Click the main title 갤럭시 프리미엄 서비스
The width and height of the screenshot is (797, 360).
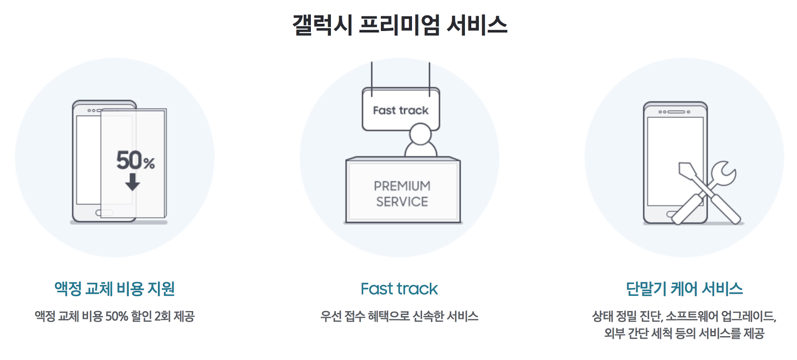[x=399, y=25]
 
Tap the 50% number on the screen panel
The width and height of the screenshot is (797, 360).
[x=135, y=160]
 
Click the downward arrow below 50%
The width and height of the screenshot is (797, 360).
[x=133, y=182]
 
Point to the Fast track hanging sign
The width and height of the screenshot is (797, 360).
[x=400, y=110]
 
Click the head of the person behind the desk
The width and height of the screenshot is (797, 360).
[x=420, y=133]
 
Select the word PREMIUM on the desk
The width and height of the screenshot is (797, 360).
[x=402, y=186]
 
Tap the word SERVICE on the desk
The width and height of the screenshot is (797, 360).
[x=402, y=202]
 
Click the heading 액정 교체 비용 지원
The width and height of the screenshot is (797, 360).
[x=115, y=289]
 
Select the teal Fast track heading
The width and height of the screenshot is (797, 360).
[x=399, y=289]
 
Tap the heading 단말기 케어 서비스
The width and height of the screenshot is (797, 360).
[x=684, y=289]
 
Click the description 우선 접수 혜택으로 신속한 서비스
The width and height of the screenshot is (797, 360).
[x=399, y=316]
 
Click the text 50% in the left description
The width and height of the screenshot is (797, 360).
[x=117, y=316]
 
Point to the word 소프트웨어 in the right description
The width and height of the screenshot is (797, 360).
[x=692, y=316]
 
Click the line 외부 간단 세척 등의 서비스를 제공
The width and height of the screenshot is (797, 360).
[x=684, y=333]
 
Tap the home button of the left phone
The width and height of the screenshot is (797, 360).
[x=104, y=213]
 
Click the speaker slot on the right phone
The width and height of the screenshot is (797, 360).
[x=676, y=112]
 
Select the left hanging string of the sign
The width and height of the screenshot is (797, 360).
[x=372, y=77]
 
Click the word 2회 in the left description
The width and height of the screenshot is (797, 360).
[x=162, y=316]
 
